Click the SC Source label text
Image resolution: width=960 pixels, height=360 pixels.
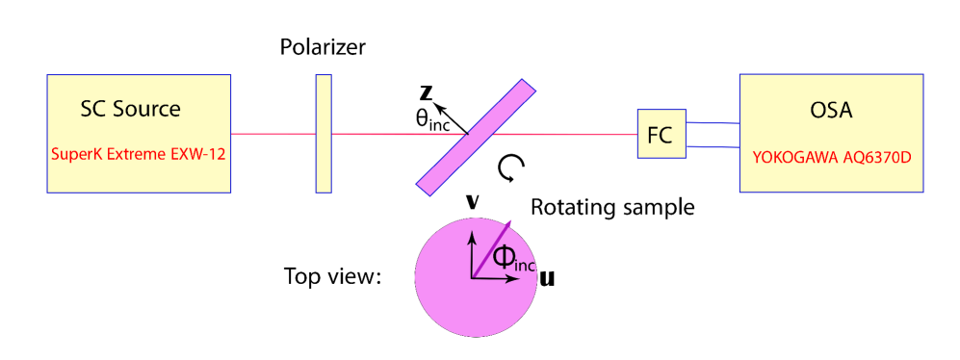click(130, 109)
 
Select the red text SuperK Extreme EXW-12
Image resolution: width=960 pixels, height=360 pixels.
click(139, 153)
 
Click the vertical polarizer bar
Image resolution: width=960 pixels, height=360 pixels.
click(323, 134)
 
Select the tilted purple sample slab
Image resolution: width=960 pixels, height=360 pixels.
click(477, 134)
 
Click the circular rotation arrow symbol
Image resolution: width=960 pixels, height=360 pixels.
click(509, 170)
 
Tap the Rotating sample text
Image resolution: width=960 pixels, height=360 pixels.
click(612, 207)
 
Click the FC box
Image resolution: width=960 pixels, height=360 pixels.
click(660, 135)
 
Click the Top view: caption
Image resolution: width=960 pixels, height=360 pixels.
click(333, 278)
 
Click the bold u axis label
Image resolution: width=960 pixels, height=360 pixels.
click(546, 279)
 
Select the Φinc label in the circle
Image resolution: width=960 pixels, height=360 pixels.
click(510, 258)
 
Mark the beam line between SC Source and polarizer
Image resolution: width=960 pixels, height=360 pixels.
click(273, 134)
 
